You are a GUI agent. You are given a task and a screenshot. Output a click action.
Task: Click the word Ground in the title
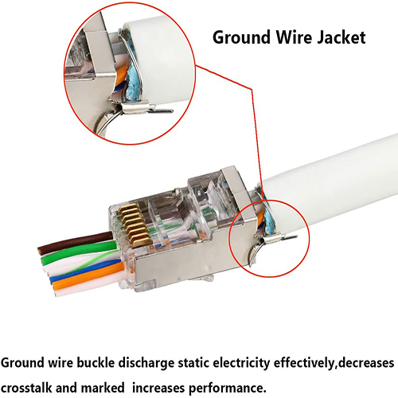click(x=242, y=38)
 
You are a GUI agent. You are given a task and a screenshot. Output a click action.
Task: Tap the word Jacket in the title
click(x=341, y=37)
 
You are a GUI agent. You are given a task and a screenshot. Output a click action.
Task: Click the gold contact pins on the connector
click(x=135, y=225)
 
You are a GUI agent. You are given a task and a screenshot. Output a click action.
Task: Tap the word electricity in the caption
click(x=241, y=364)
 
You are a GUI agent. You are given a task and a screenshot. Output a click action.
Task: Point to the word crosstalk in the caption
click(x=26, y=388)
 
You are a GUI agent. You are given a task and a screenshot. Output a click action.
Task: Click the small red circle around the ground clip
click(x=230, y=239)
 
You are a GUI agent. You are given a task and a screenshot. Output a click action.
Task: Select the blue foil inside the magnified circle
click(x=133, y=82)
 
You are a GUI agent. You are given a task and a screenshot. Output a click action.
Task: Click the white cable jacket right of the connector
click(x=332, y=185)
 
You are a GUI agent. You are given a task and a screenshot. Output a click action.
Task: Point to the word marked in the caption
click(x=103, y=388)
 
